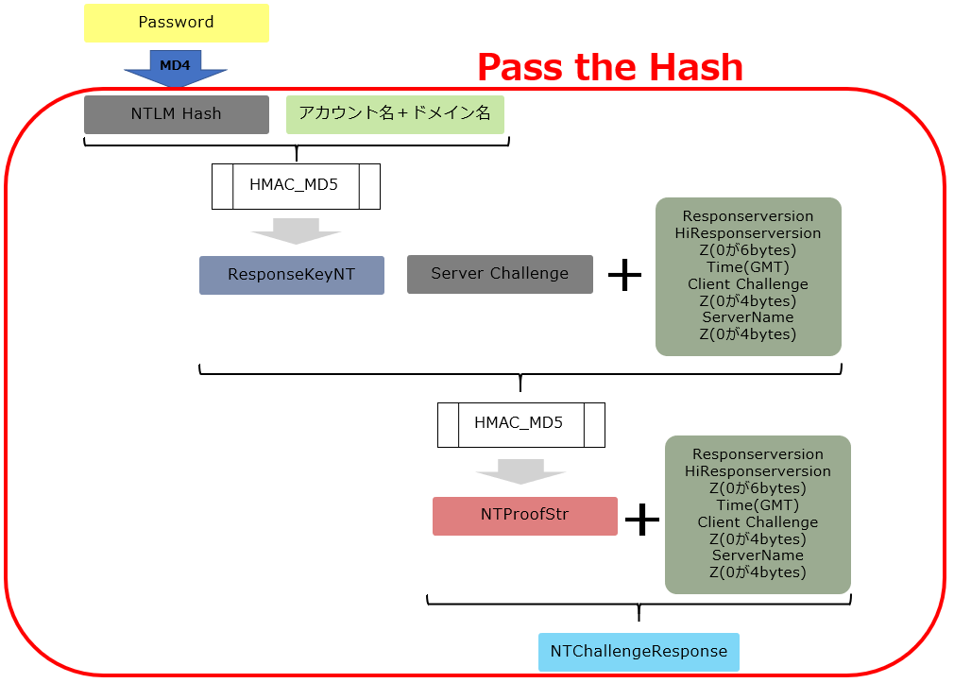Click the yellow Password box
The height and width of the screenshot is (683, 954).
click(x=177, y=23)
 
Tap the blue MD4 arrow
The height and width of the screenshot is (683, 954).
click(x=176, y=68)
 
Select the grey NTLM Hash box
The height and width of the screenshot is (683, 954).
click(x=177, y=114)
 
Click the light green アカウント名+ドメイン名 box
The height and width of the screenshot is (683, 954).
click(x=395, y=114)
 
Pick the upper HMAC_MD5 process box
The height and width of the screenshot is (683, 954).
click(x=296, y=186)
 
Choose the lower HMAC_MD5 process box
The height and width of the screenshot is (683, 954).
click(x=520, y=425)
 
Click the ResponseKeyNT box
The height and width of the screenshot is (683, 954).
click(x=292, y=275)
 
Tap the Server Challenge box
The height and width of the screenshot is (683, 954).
click(x=500, y=274)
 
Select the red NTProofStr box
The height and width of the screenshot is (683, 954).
click(x=525, y=516)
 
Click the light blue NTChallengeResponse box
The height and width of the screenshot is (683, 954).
click(x=639, y=652)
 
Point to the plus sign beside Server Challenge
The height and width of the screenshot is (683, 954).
click(x=625, y=275)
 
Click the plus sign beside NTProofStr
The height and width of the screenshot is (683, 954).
click(x=642, y=520)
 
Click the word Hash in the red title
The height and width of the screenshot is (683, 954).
click(x=696, y=67)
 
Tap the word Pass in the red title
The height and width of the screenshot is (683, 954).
click(x=520, y=67)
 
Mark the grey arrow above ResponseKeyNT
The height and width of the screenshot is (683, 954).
click(x=296, y=231)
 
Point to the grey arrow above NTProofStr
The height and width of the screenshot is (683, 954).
click(x=520, y=471)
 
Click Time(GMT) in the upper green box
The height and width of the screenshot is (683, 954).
click(x=748, y=267)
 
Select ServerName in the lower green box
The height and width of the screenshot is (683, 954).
click(x=758, y=555)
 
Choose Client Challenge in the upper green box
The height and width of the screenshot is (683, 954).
click(x=748, y=284)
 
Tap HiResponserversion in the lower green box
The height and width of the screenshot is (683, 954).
click(x=758, y=471)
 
